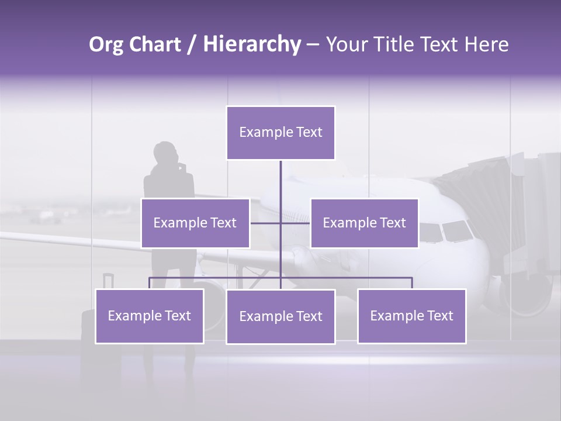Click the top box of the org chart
[280, 133]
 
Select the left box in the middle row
[195, 223]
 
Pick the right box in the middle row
[364, 223]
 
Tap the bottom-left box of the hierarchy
[150, 316]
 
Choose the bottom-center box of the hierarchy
[280, 316]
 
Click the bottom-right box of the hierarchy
[411, 316]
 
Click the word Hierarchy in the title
[252, 44]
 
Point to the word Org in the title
[106, 44]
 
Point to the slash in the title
[192, 45]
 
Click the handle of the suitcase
[107, 281]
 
